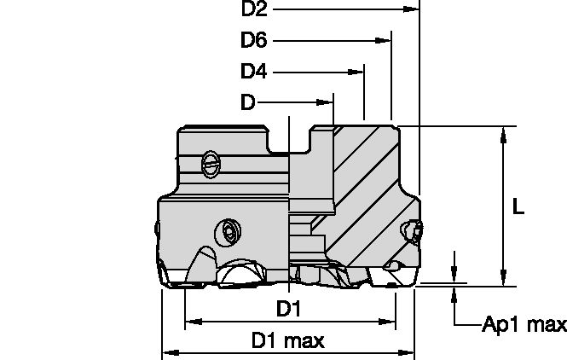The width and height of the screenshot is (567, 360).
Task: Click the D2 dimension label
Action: pos(255,9)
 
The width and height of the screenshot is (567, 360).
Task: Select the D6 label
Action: pos(254,40)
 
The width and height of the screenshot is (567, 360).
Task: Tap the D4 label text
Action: pos(253,72)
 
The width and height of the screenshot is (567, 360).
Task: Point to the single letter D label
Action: pos(247,103)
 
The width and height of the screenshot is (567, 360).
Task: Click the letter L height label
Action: pos(518,207)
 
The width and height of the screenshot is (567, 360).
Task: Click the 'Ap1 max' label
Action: pos(524,324)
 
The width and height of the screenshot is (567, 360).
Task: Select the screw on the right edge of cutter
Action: pos(414,230)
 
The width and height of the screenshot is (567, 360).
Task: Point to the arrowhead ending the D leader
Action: pos(327,103)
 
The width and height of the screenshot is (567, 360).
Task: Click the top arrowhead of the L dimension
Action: pos(504,133)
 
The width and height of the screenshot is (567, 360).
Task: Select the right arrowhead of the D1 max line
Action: pos(408,351)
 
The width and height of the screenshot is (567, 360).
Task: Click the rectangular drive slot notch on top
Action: pos(290,141)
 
